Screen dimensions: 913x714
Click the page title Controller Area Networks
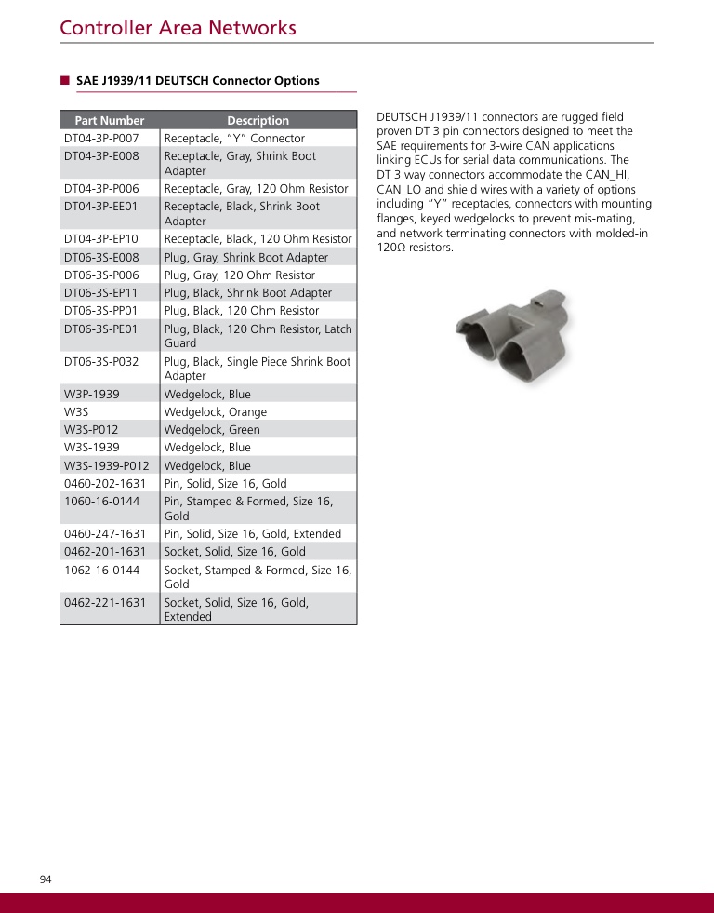(178, 28)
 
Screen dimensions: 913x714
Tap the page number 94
(46, 879)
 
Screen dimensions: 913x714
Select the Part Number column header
(110, 120)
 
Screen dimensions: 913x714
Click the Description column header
(258, 120)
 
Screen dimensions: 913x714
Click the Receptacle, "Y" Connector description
(234, 138)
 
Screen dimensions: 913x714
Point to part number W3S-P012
(91, 430)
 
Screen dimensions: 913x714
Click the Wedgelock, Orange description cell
(216, 412)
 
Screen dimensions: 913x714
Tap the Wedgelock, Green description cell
(212, 430)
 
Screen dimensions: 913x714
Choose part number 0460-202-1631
(105, 484)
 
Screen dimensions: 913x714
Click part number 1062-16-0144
(101, 570)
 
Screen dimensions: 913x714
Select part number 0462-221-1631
(105, 602)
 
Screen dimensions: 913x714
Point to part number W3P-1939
(92, 395)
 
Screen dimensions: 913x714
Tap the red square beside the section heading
(65, 80)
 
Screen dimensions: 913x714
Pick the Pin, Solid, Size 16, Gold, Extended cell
(253, 534)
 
